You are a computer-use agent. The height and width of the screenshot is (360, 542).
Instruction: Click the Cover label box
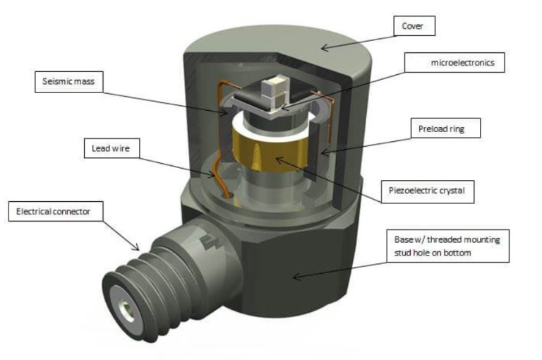[x=414, y=27]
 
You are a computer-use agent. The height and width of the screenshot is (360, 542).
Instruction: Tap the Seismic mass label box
[x=68, y=82]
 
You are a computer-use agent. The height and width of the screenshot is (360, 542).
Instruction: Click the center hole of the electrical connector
[x=128, y=308]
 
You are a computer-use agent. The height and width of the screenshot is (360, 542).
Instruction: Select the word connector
[x=73, y=210]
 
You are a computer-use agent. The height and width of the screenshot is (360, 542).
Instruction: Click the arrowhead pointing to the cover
[x=323, y=48]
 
